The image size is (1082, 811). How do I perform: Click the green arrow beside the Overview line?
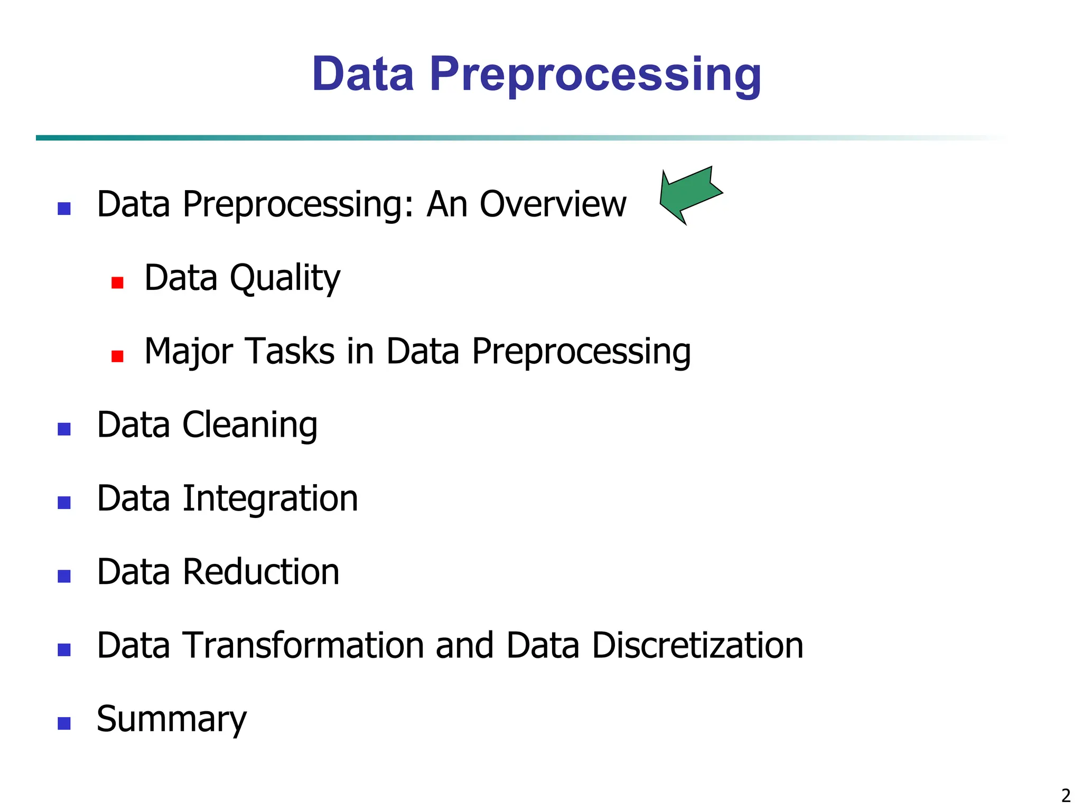(689, 194)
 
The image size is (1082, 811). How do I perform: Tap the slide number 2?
(1066, 795)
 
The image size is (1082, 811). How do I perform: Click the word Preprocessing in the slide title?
(595, 74)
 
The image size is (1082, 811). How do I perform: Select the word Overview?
(553, 204)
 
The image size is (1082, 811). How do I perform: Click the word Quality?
(285, 278)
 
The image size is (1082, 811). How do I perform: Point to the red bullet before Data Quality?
(117, 282)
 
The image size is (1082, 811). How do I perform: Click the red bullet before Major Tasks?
(117, 356)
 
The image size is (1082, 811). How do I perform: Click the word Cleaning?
(250, 425)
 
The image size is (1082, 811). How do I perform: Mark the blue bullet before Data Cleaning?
(64, 429)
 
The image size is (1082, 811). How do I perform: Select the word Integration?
(270, 498)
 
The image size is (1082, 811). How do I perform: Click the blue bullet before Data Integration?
(64, 502)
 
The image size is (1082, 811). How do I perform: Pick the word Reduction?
(260, 572)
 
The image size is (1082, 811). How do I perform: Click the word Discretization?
(697, 645)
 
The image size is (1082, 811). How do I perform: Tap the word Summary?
(172, 720)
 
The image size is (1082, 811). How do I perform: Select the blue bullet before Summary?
(64, 723)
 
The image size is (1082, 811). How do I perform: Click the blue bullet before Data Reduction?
(64, 576)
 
